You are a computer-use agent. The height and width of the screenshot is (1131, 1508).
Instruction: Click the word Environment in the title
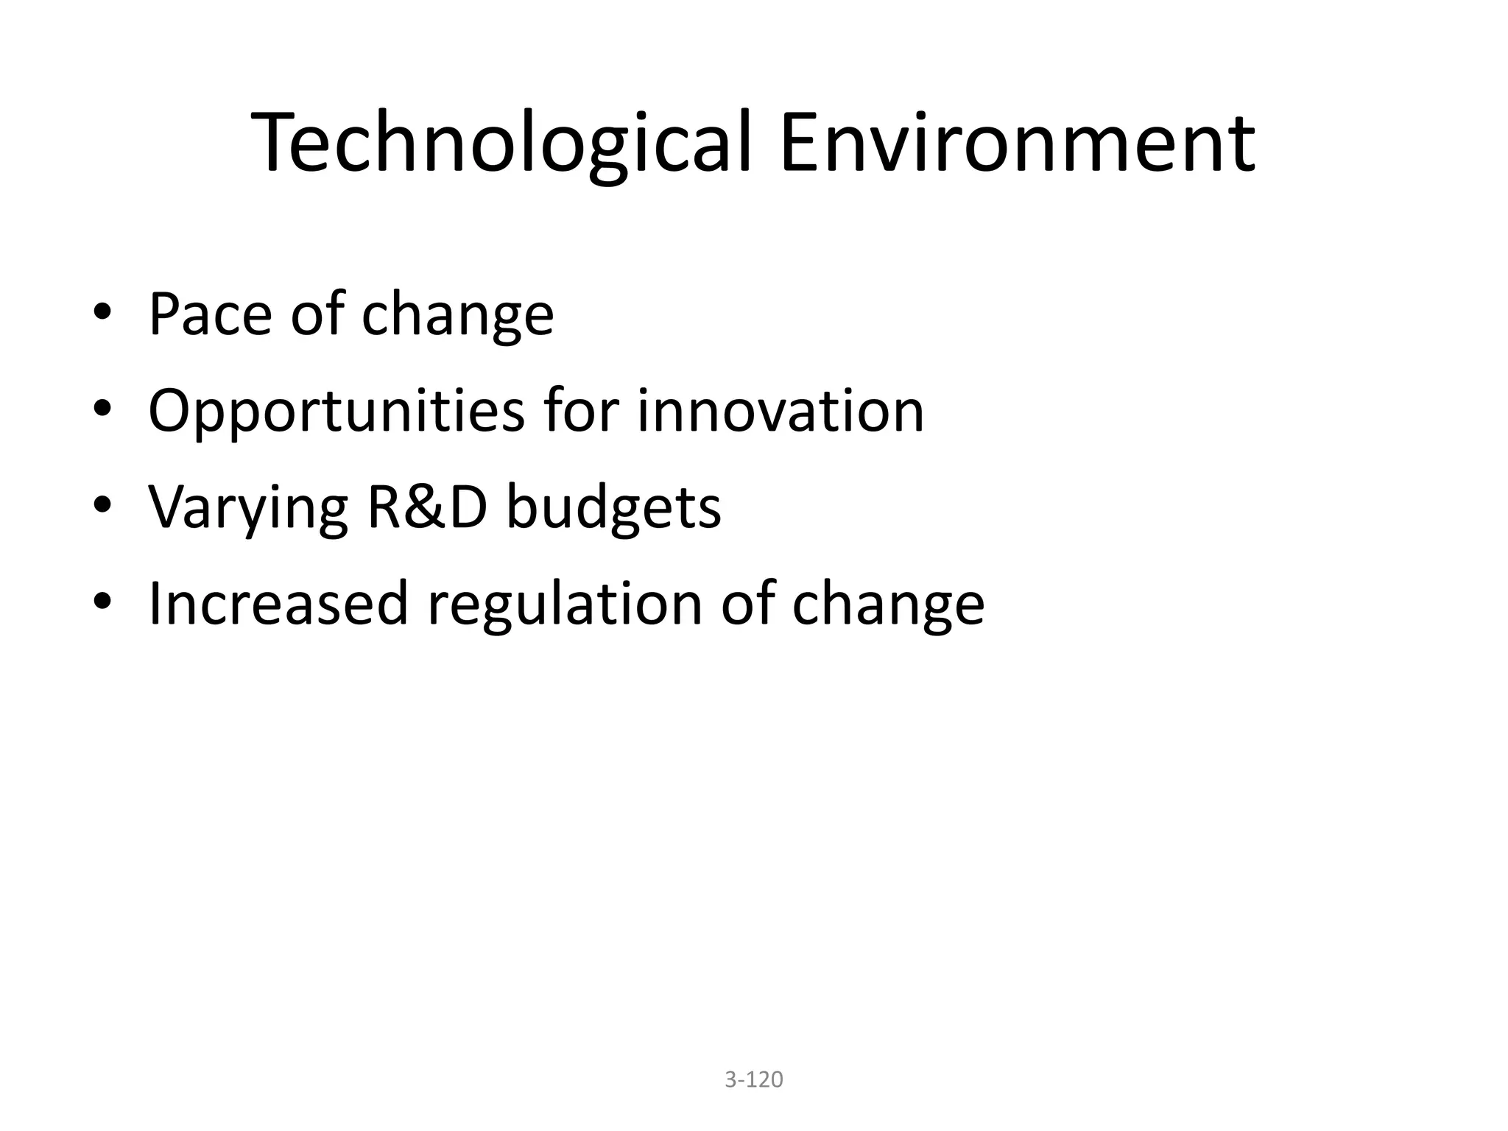point(1017,143)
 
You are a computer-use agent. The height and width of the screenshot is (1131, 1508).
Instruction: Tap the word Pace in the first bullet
point(210,315)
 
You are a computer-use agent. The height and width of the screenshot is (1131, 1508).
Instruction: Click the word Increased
point(278,604)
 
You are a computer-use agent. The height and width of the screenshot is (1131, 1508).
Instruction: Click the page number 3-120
point(754,1079)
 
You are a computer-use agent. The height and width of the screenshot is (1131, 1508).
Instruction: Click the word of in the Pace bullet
point(317,315)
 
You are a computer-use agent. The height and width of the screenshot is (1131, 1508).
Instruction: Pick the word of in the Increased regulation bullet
point(747,604)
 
